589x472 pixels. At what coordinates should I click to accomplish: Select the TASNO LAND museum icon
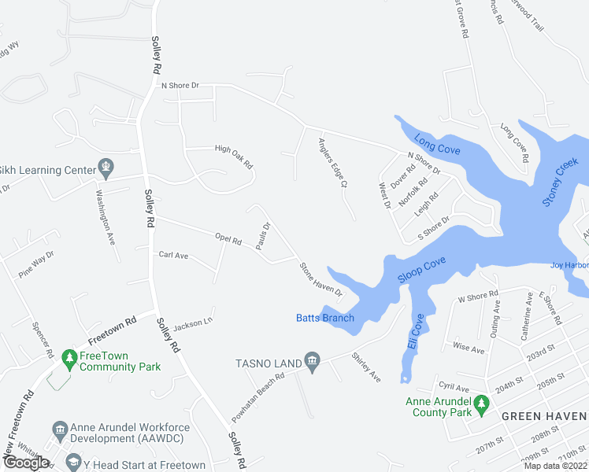(x=313, y=362)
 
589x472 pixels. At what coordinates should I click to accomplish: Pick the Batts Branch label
(x=325, y=318)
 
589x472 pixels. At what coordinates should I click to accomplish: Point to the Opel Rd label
(x=228, y=237)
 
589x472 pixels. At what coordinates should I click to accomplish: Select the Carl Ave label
(x=173, y=255)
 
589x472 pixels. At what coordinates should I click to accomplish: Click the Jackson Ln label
(x=194, y=323)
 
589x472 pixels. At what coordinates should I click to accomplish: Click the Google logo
(x=26, y=463)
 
